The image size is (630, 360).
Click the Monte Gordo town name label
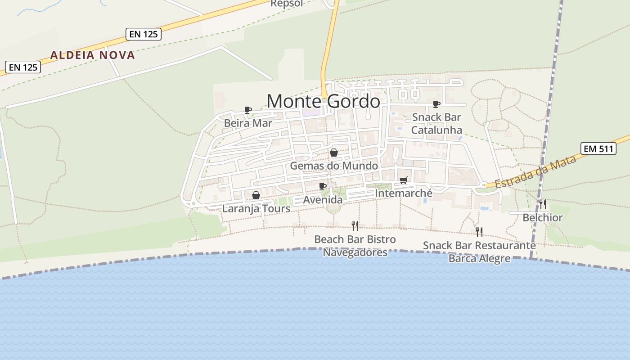323,101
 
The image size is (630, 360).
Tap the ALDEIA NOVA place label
92,55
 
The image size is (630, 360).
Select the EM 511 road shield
598,148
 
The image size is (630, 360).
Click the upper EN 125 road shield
143,34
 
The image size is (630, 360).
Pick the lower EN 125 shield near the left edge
23,67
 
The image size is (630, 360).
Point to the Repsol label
287,4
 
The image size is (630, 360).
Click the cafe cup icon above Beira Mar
247,110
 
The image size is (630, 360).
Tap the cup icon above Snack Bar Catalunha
436,104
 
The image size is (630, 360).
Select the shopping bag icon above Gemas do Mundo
333,153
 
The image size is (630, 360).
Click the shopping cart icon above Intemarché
403,180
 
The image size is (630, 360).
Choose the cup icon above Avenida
322,186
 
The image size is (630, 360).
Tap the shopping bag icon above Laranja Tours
256,195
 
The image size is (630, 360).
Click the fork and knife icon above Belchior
542,204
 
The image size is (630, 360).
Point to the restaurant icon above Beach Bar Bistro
355,225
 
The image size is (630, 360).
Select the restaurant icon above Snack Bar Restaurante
479,232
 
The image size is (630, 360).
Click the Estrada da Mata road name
535,172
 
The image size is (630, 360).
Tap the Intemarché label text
403,193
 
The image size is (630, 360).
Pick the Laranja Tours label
256,209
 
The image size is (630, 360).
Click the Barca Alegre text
479,258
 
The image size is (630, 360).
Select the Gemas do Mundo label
334,166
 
